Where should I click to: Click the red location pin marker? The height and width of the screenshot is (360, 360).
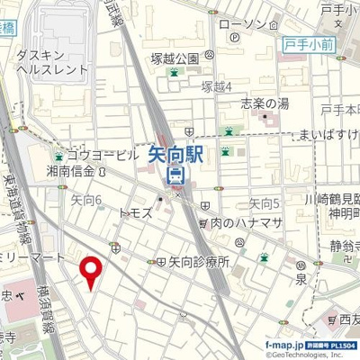pos(90,271)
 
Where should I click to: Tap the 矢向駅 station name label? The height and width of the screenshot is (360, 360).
pos(176,156)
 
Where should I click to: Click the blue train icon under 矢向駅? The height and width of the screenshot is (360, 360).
pos(176,175)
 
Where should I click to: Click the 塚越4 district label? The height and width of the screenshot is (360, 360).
pos(216,86)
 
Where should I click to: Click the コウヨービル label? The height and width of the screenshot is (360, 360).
pos(101,154)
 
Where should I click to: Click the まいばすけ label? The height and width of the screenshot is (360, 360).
pos(334,135)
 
